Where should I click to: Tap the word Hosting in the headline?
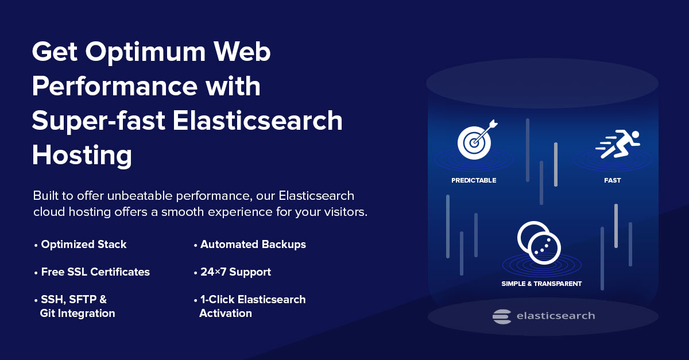pyautogui.click(x=82, y=156)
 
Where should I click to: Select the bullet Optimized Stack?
pyautogui.click(x=83, y=245)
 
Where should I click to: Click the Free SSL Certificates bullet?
pyautogui.click(x=95, y=272)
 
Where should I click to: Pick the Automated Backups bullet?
pyautogui.click(x=253, y=245)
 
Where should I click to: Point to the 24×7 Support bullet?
pyautogui.click(x=235, y=272)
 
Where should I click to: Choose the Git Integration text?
pyautogui.click(x=78, y=313)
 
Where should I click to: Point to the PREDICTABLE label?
pyautogui.click(x=474, y=180)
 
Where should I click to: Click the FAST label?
pyautogui.click(x=612, y=180)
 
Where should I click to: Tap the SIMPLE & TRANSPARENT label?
pyautogui.click(x=541, y=284)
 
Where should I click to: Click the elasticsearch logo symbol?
pyautogui.click(x=502, y=316)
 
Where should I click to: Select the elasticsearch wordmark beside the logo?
pyautogui.click(x=555, y=316)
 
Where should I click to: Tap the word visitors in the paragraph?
pyautogui.click(x=344, y=212)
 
